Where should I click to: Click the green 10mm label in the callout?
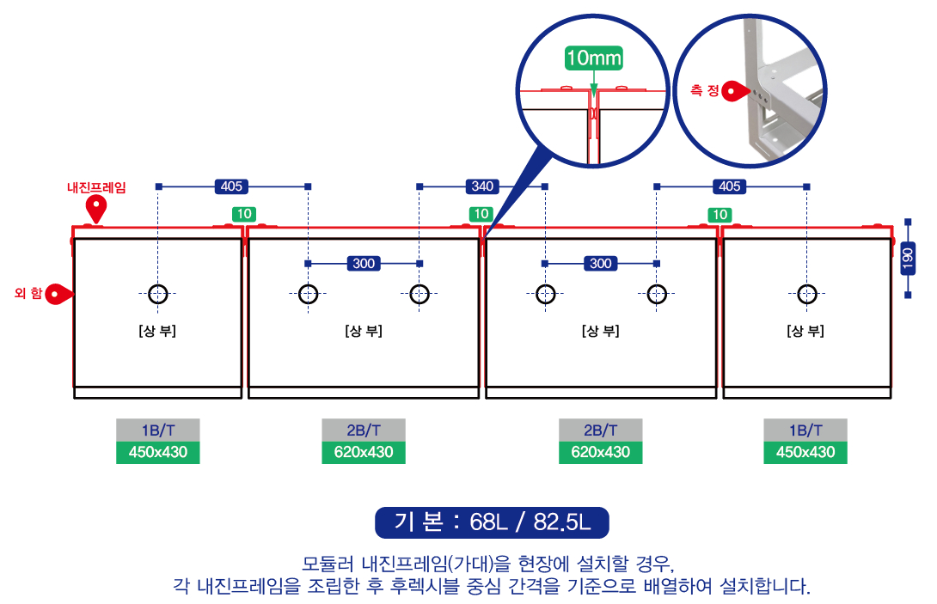(593, 58)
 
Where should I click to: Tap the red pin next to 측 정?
(735, 91)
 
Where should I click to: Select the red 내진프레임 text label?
(96, 187)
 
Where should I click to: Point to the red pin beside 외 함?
(58, 294)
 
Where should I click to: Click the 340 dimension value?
(482, 186)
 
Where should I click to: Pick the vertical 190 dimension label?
(908, 259)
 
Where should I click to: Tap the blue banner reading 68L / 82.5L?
(492, 522)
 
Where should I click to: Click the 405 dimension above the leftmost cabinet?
(231, 186)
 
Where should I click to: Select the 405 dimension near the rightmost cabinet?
(730, 186)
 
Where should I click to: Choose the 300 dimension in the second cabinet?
(364, 264)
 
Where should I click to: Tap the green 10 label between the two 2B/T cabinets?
(481, 214)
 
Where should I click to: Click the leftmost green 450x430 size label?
(158, 452)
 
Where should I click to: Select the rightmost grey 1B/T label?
(805, 430)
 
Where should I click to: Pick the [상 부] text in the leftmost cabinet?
(157, 331)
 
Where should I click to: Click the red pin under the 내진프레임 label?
(96, 208)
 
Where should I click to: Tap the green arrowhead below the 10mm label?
(593, 90)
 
